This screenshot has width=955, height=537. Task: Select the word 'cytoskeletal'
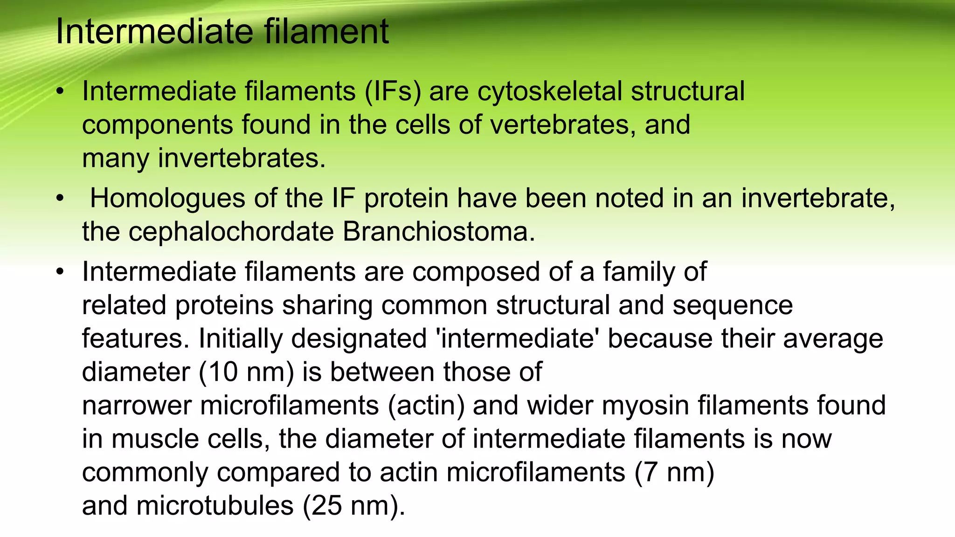[x=550, y=91]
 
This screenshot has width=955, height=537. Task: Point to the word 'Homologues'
[x=167, y=198]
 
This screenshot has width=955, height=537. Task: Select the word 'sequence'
[x=733, y=305]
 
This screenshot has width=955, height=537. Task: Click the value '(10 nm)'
[x=246, y=372]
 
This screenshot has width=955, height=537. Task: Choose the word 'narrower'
[x=137, y=406]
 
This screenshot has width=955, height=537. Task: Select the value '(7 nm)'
[x=674, y=472]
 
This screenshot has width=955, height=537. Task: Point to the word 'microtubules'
[x=215, y=506]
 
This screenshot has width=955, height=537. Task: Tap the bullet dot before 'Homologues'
[x=59, y=199]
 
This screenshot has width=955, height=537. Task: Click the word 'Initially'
[x=241, y=338]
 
